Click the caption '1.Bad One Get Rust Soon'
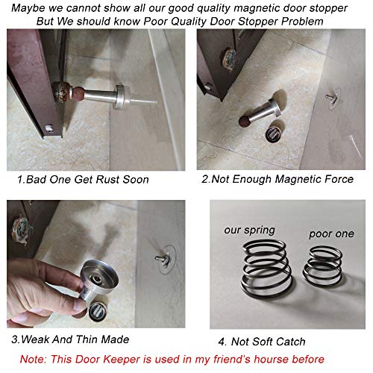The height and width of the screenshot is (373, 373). (83, 180)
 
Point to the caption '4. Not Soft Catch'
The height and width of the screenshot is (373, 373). (263, 342)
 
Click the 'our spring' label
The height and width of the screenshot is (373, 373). (249, 231)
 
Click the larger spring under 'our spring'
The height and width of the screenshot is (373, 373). (257, 282)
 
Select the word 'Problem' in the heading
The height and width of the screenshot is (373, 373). (300, 22)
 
